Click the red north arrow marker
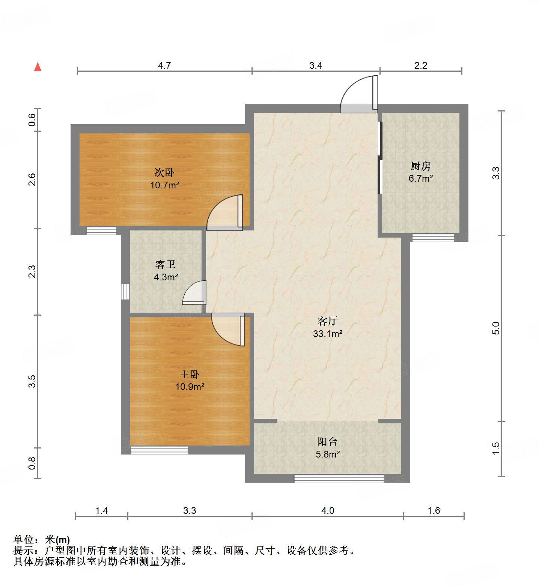pyautogui.click(x=38, y=67)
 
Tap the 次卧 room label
pyautogui.click(x=164, y=173)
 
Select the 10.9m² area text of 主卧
pyautogui.click(x=190, y=387)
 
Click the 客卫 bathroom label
pyautogui.click(x=166, y=265)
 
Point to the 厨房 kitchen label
pyautogui.click(x=420, y=166)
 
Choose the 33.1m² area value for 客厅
pyautogui.click(x=328, y=334)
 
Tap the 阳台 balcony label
pyautogui.click(x=327, y=442)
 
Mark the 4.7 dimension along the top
pyautogui.click(x=164, y=66)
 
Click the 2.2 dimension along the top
pyautogui.click(x=421, y=66)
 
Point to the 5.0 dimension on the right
pyautogui.click(x=496, y=328)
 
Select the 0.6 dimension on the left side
pyautogui.click(x=32, y=120)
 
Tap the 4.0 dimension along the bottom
pyautogui.click(x=328, y=511)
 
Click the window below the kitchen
pyautogui.click(x=433, y=238)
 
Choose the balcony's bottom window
pyautogui.click(x=339, y=479)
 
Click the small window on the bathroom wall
pyautogui.click(x=125, y=292)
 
